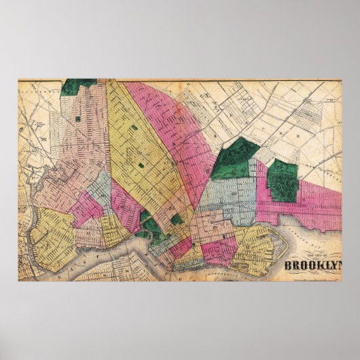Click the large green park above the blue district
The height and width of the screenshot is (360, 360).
[x=236, y=158]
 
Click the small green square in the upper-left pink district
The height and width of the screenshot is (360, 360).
[x=77, y=118]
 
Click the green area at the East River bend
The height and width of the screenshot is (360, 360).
[x=145, y=217]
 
